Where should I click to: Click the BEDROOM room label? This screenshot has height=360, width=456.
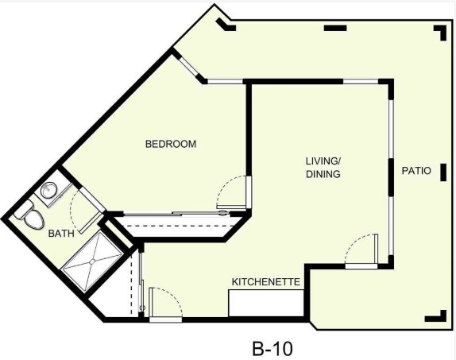click(170, 145)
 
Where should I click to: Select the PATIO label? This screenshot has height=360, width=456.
click(415, 170)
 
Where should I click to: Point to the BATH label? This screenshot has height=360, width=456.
click(61, 234)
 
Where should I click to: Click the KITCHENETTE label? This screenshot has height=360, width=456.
click(265, 282)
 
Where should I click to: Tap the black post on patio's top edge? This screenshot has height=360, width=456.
click(335, 29)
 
